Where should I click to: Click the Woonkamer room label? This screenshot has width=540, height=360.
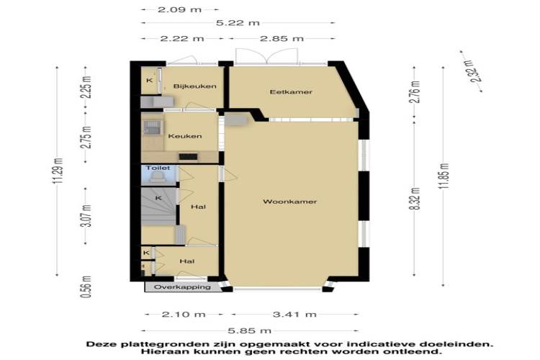289,202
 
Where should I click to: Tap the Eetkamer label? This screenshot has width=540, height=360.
291,92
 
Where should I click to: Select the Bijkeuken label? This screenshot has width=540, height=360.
195,86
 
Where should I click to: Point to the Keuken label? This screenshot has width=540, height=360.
185,136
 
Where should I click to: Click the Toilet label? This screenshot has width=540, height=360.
158,168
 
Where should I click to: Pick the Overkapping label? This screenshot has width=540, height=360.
182,287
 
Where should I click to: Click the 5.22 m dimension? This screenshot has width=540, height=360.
238,23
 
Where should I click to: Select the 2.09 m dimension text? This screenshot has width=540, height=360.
179,9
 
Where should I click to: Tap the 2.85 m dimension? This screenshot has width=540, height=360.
282,39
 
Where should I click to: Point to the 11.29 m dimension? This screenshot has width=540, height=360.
58,171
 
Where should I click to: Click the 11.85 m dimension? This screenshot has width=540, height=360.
445,176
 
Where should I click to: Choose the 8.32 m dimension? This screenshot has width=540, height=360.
416,199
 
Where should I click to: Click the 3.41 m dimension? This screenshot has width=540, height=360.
294,314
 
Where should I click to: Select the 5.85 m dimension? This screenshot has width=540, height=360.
249,330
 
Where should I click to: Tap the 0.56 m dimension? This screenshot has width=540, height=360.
87,287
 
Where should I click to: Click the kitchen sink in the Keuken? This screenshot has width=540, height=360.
152,127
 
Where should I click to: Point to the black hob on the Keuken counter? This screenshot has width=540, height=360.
189,157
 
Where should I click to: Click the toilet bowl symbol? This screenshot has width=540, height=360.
158,177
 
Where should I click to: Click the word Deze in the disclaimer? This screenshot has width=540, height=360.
100,344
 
